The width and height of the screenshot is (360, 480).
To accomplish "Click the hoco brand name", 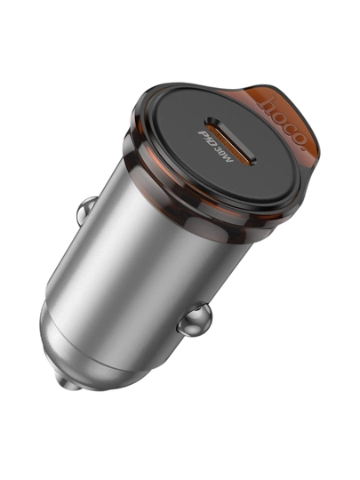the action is [283, 123].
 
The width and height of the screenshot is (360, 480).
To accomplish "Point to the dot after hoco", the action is [304, 148].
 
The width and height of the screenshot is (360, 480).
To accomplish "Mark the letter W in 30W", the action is [230, 158].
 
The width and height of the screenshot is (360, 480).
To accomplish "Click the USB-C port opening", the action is [230, 140].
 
